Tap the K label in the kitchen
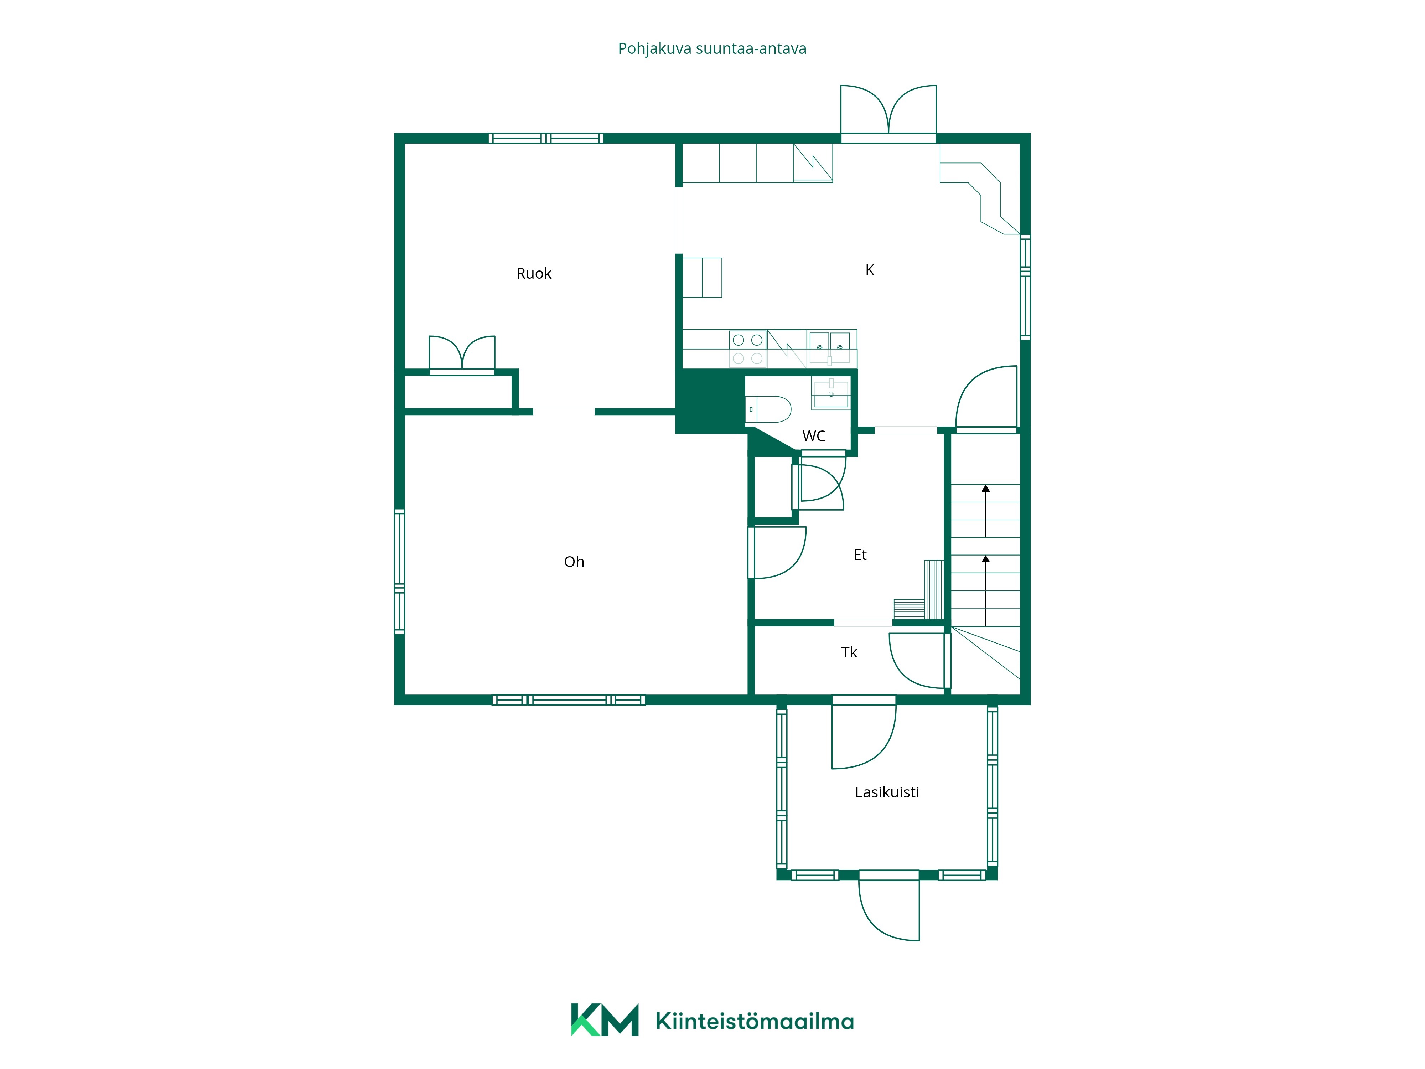(x=870, y=270)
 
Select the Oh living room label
(x=574, y=562)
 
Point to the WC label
(x=814, y=436)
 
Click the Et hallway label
(x=860, y=555)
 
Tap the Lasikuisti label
(x=887, y=792)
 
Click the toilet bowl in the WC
(x=768, y=409)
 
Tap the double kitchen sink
(x=830, y=348)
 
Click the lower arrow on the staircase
(x=986, y=590)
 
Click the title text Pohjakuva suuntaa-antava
(x=712, y=49)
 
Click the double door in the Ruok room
(x=462, y=355)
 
